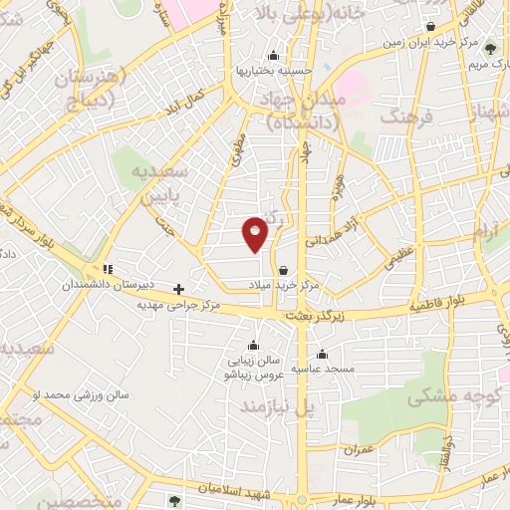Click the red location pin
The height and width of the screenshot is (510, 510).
pos(256,233)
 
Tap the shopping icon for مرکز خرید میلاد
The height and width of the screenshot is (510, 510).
pos(285,270)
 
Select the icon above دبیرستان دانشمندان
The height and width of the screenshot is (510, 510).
pos(107,269)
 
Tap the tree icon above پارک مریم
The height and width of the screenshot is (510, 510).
pos(489,46)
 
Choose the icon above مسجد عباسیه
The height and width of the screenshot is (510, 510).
pos(322,354)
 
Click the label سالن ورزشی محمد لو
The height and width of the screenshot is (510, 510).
pos(81,395)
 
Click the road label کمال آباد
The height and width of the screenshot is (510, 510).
pos(188,103)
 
